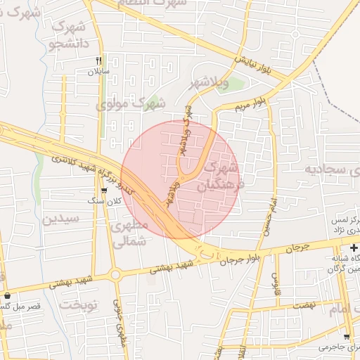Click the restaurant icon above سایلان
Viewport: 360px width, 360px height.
click(99, 60)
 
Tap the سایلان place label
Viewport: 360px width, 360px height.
click(96, 72)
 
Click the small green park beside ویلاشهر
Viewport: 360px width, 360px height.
click(236, 86)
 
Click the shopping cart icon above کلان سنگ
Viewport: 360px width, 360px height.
click(105, 190)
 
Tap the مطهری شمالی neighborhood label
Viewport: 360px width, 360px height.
click(130, 234)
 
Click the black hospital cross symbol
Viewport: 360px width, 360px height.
click(354, 249)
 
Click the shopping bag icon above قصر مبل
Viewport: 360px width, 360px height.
click(7, 295)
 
